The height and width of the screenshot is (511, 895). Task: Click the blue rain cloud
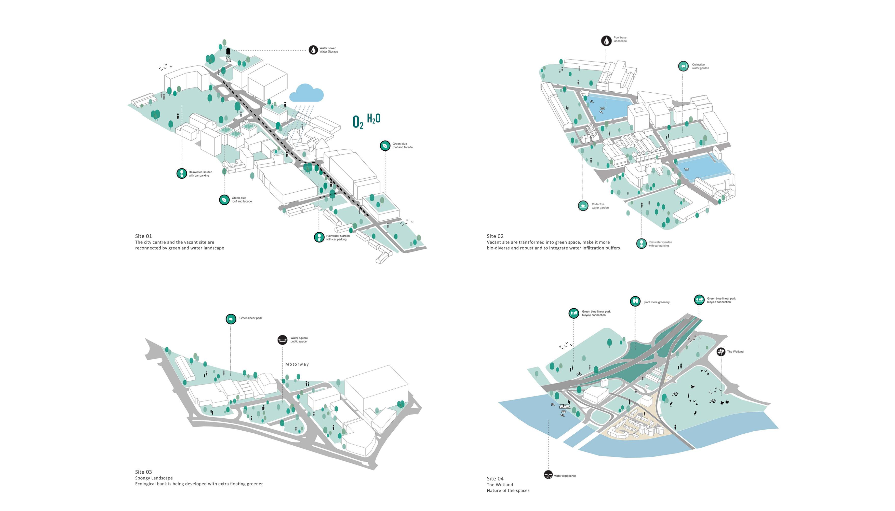(x=306, y=93)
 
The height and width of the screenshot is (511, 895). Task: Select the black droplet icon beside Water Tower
(x=313, y=50)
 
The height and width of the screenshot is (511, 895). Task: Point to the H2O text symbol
(x=373, y=119)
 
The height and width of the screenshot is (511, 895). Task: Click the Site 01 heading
(x=143, y=236)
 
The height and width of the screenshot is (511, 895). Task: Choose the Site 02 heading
(x=495, y=236)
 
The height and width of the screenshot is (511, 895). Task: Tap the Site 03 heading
(x=143, y=472)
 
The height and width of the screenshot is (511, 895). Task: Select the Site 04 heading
(x=495, y=479)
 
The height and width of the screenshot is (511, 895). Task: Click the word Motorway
(x=297, y=364)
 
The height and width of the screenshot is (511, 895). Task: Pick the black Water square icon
(x=282, y=340)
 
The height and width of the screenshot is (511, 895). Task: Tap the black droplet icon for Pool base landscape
(x=606, y=41)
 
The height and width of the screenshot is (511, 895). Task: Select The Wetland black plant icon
(x=721, y=352)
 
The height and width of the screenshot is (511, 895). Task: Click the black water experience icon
(x=548, y=475)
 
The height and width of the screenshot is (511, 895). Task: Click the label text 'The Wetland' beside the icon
(x=735, y=352)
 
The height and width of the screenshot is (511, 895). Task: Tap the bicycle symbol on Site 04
(x=579, y=374)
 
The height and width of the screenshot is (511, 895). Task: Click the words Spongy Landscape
(x=154, y=478)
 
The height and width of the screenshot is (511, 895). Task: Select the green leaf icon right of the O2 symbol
(x=385, y=146)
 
